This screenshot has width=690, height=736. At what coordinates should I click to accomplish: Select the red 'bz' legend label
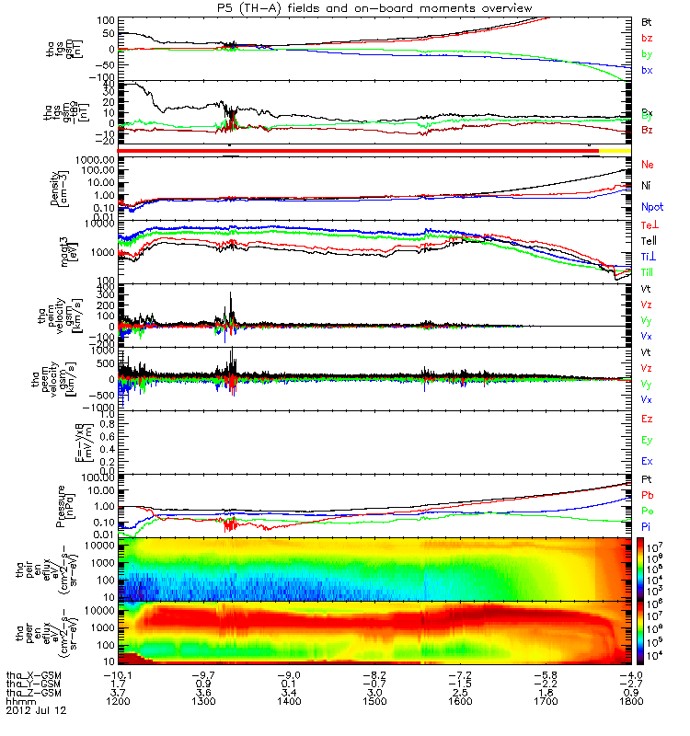[647, 38]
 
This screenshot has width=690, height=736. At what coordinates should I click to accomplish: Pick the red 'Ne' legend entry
[648, 164]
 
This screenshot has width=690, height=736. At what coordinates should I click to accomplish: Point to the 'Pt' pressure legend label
[647, 480]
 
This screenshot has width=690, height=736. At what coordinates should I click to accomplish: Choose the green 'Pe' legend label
[647, 511]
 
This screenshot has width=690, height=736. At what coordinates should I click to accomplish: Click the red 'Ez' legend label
[647, 419]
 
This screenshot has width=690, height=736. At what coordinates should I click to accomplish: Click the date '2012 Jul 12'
[36, 711]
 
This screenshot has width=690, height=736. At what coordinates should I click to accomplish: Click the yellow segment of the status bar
[615, 149]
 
